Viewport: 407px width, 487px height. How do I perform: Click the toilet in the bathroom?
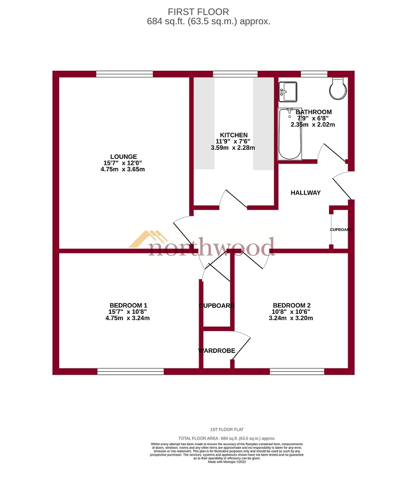(x=338, y=88)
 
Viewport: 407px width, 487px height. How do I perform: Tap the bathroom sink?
(x=288, y=91)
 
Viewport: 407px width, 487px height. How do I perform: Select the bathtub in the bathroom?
(x=290, y=134)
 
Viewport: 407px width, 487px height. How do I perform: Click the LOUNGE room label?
(x=123, y=156)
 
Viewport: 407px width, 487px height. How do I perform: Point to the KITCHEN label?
(x=233, y=136)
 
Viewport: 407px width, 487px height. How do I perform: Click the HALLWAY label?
(x=305, y=193)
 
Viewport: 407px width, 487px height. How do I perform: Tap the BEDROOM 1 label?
(x=128, y=305)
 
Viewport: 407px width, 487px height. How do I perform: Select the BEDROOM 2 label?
(x=292, y=305)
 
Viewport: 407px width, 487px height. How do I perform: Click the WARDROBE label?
(x=217, y=351)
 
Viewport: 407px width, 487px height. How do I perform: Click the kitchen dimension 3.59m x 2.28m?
(x=233, y=148)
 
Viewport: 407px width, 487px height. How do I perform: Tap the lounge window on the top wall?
(x=124, y=74)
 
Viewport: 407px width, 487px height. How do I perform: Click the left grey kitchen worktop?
(x=204, y=123)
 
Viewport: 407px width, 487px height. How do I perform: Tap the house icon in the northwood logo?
(x=147, y=239)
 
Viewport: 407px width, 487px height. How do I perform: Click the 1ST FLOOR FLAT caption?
(x=227, y=429)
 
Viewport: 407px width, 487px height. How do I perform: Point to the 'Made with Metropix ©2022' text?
(x=227, y=462)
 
